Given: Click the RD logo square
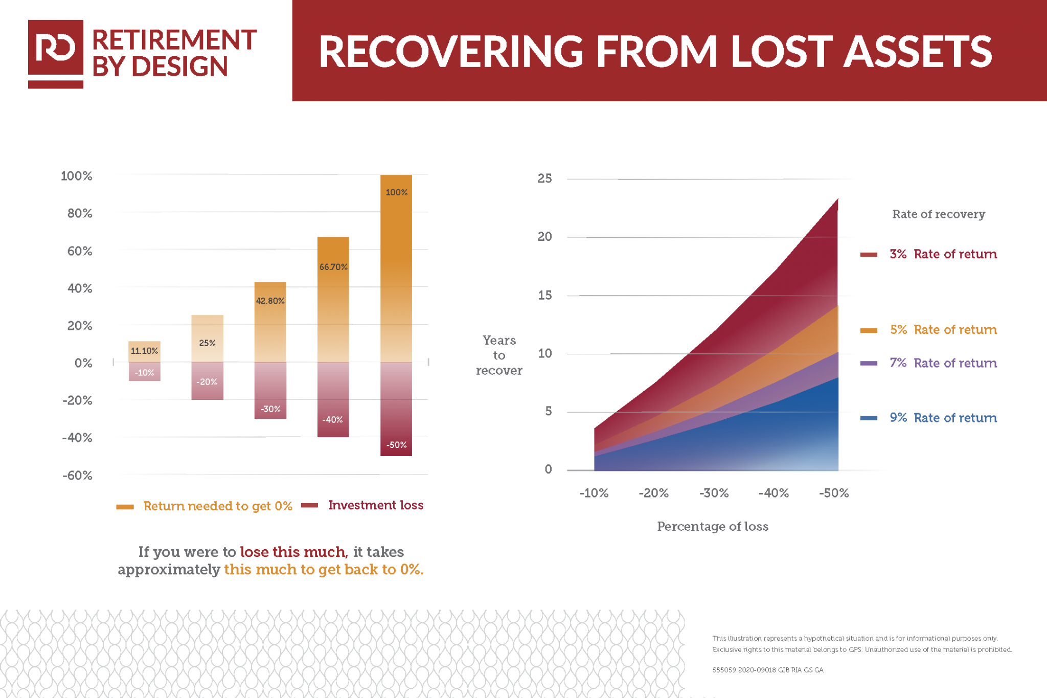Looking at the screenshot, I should (55, 48).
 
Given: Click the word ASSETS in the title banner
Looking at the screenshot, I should (917, 52).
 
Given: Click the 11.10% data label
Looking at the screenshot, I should (144, 351).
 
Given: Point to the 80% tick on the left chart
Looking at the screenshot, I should (80, 213).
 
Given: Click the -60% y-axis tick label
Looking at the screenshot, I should (77, 476).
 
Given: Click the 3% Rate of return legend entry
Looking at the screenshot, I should (943, 254).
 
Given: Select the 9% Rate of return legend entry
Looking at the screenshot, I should (943, 418).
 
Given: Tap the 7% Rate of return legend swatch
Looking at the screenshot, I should (869, 363).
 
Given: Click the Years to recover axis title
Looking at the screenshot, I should (499, 355).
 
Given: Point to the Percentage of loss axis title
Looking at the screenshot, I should (712, 526).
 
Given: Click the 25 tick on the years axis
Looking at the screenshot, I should (544, 178).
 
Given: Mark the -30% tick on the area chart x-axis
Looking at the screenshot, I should (714, 493).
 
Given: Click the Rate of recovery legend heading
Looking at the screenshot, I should (938, 214).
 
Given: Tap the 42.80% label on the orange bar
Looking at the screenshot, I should (270, 301).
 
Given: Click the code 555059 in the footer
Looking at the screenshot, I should (724, 670).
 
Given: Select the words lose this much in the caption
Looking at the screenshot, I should (293, 552).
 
